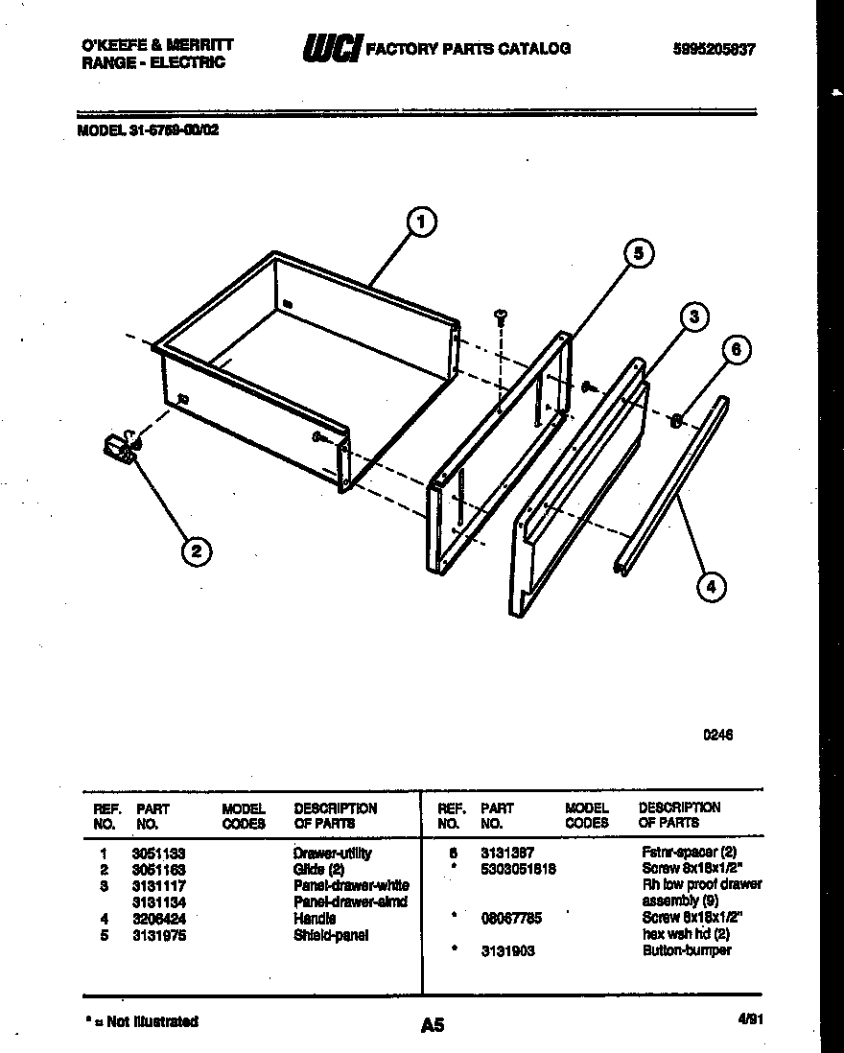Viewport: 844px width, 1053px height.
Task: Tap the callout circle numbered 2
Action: point(196,550)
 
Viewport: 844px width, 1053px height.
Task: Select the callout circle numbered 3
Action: point(695,316)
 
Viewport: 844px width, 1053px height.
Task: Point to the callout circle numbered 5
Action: point(638,253)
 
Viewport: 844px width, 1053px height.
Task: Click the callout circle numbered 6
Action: point(736,350)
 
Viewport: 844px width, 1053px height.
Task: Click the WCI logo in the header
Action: point(330,49)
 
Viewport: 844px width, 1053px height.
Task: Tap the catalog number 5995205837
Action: point(715,49)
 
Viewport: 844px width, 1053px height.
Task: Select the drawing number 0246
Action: point(718,736)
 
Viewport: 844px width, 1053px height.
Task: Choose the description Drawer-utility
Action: point(332,853)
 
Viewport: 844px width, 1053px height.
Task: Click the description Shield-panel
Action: point(331,935)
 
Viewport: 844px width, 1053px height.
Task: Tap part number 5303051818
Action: point(518,869)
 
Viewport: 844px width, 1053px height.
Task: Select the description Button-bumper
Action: point(687,950)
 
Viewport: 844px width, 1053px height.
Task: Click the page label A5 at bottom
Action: point(433,1025)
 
